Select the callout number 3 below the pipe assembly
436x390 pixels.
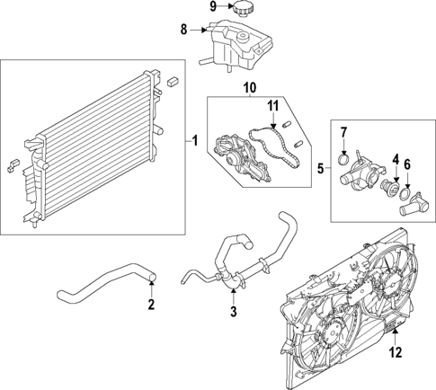point(233,312)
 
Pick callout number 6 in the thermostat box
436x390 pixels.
point(407,164)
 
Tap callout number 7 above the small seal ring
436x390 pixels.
point(343,135)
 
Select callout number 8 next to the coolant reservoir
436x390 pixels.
point(184,31)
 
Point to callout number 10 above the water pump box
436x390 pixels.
point(249,87)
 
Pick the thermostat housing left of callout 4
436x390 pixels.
point(364,171)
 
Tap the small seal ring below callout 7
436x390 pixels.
point(343,159)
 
